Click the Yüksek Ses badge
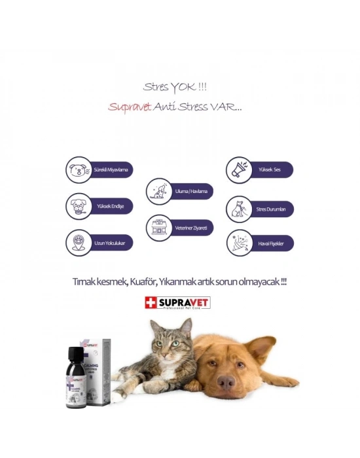click(259, 170)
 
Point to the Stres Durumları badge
click(259, 209)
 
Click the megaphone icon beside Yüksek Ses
click(237, 170)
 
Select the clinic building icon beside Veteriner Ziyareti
click(157, 228)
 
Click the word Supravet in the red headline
click(132, 107)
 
